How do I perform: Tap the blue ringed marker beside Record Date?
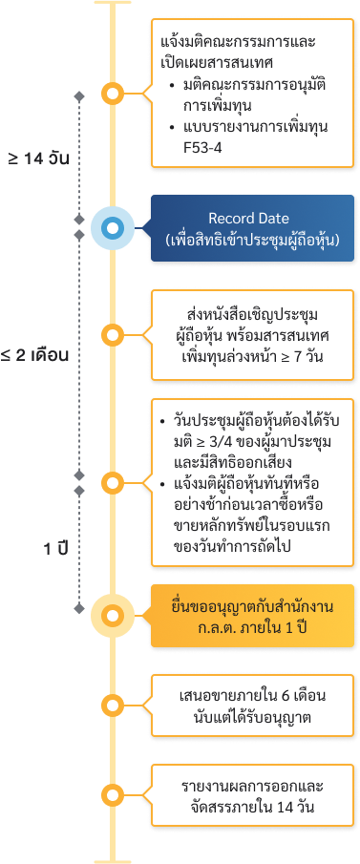(x=114, y=229)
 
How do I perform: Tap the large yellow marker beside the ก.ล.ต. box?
(x=114, y=616)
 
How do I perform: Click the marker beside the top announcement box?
(x=114, y=94)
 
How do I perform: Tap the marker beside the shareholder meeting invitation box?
(x=114, y=335)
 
